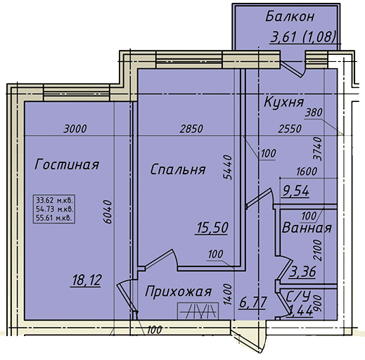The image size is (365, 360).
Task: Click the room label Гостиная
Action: point(67,165)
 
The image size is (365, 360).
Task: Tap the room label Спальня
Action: point(178,169)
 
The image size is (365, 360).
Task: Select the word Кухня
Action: point(284,102)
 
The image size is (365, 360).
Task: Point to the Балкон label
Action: point(290,17)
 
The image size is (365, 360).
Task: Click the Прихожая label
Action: point(178,292)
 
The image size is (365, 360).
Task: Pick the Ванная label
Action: point(307,228)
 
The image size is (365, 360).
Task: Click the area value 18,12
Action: point(87,281)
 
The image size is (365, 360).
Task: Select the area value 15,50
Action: point(212,228)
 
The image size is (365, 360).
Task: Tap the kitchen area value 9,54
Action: point(296,191)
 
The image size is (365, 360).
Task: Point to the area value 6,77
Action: point(253,302)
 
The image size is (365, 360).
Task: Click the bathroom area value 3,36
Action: point(302,272)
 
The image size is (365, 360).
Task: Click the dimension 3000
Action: point(75,129)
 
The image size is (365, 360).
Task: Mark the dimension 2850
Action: point(191,129)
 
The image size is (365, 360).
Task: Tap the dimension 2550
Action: point(290,129)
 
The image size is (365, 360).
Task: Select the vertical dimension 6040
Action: point(108,212)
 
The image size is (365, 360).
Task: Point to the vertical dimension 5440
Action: point(227,167)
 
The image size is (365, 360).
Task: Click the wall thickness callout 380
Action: point(314,112)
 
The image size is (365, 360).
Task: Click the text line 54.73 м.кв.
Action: point(54,209)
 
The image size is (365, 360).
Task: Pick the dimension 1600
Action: point(307,172)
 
